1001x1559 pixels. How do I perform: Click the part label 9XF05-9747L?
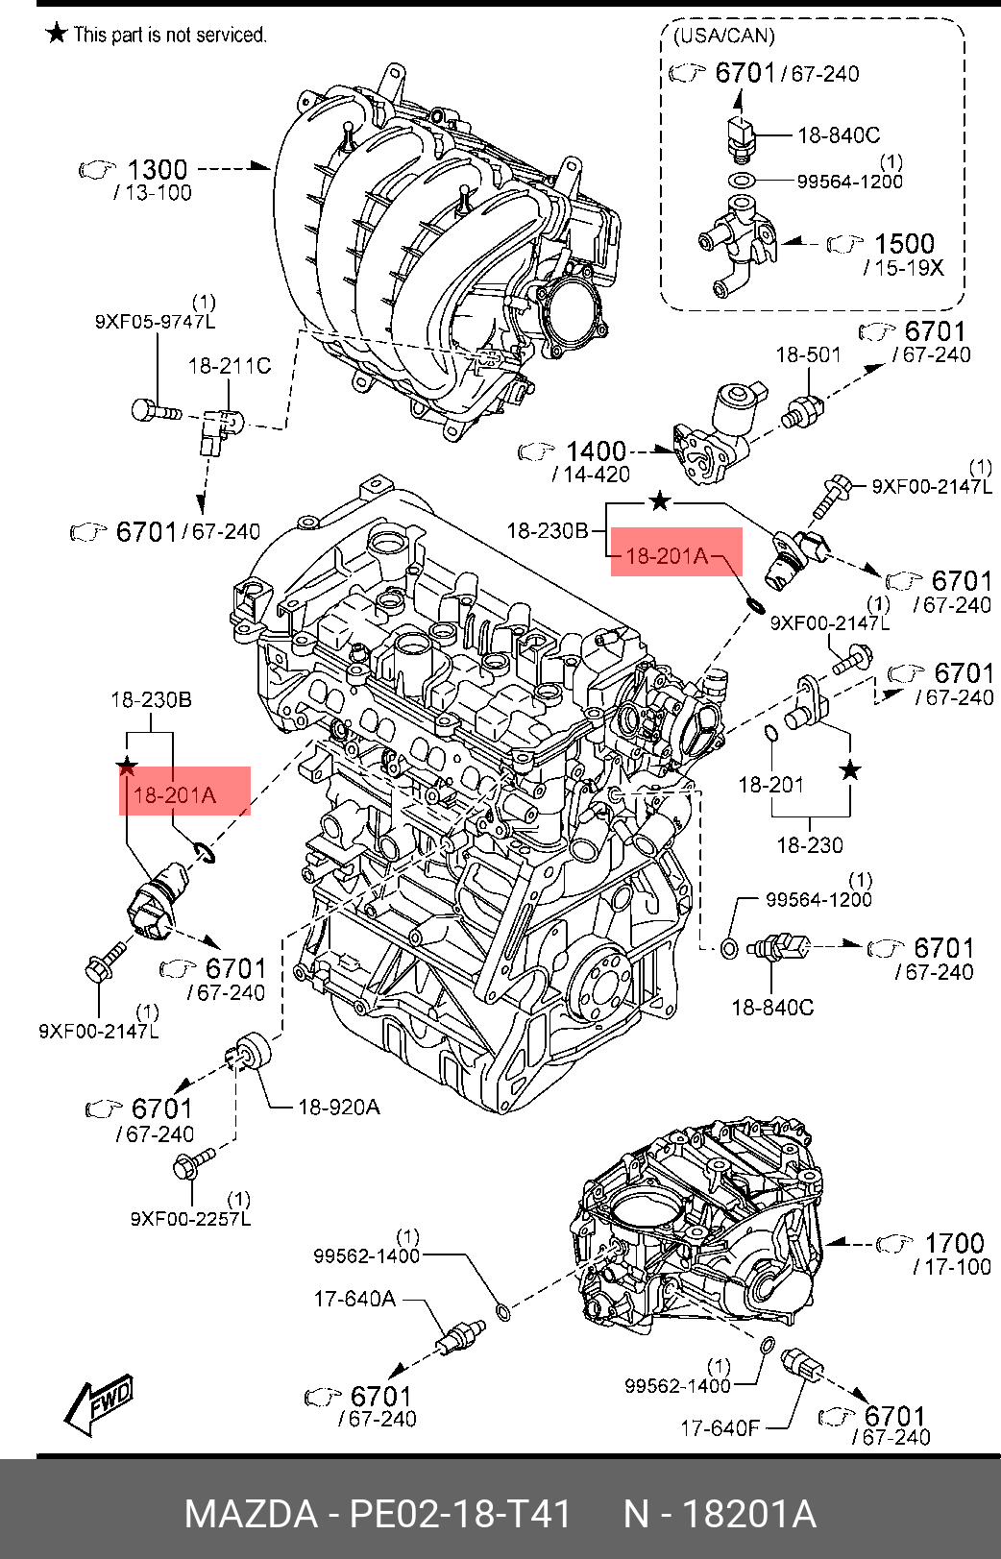click(156, 322)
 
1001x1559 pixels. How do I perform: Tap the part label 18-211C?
click(229, 365)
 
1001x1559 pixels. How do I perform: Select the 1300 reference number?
click(158, 169)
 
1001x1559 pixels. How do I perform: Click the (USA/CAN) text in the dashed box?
click(724, 37)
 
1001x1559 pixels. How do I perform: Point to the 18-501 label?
click(808, 355)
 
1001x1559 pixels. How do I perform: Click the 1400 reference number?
click(596, 451)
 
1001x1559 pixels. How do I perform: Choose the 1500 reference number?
click(904, 244)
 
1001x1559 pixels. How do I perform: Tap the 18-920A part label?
click(339, 1107)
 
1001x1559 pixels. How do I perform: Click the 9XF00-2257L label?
click(190, 1219)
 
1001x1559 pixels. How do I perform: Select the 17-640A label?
click(355, 1299)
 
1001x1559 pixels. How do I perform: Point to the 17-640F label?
click(720, 1429)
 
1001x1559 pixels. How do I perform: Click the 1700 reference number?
click(954, 1244)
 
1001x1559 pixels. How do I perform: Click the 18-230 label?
click(810, 845)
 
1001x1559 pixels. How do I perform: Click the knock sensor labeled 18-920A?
click(250, 1052)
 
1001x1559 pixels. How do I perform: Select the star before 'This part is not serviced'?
click(57, 33)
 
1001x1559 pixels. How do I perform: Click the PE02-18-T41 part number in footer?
click(460, 1514)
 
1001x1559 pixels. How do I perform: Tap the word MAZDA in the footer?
click(252, 1514)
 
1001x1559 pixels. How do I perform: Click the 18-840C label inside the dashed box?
click(839, 135)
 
